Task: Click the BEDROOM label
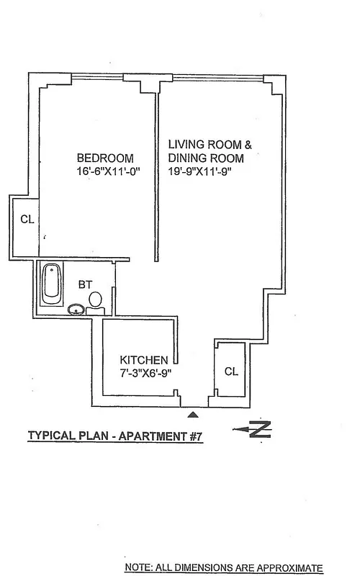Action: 105,158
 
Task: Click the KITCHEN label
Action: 144,359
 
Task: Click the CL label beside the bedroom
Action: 25,220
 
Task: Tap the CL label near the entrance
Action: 231,372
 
